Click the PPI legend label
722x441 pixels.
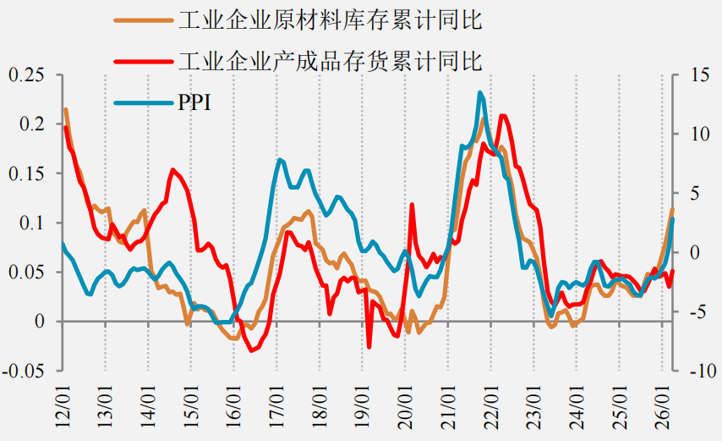pos(194,102)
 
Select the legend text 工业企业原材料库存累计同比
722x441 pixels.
pos(331,20)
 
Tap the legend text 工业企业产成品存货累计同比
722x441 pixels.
pos(331,61)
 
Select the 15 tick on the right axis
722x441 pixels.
pos(700,74)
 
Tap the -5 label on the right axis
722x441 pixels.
pos(700,311)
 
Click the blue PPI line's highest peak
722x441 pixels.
pos(480,92)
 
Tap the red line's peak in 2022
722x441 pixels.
pos(502,116)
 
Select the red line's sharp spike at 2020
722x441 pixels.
pos(412,204)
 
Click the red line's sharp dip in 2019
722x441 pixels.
pos(369,347)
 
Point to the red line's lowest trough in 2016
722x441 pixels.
pos(251,350)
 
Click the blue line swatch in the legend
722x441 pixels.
pos(144,102)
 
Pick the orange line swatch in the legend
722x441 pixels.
pos(144,20)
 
